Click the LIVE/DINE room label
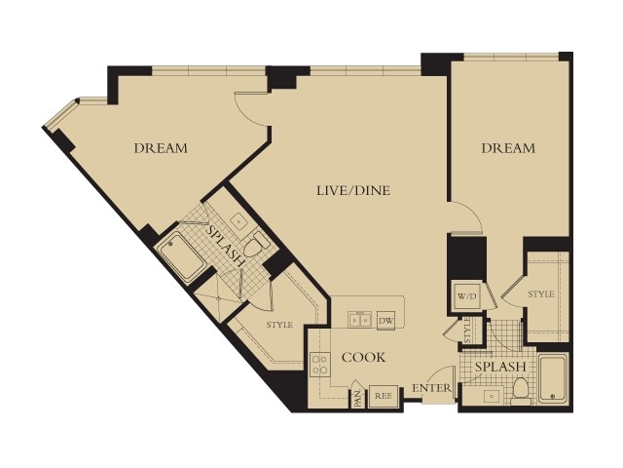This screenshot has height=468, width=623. (353, 191)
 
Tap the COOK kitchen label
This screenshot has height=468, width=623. (363, 358)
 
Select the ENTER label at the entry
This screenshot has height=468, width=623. (431, 388)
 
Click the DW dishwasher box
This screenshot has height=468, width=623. (385, 320)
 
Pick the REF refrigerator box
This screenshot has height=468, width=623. (383, 397)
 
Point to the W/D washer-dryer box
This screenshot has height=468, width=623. (467, 296)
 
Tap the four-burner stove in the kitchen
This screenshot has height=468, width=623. (319, 364)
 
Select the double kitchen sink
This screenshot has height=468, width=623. (359, 319)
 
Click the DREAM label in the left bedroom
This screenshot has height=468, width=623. (161, 148)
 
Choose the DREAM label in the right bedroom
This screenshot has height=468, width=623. (508, 148)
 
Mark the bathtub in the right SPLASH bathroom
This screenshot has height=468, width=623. (553, 378)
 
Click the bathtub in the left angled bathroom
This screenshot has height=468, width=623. (181, 255)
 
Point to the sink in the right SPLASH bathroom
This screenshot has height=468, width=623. (492, 397)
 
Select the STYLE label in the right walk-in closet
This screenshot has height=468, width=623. (541, 294)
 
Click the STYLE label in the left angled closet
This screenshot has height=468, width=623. (279, 325)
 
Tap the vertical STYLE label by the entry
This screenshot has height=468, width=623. (467, 330)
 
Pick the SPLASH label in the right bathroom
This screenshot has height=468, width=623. (500, 367)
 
